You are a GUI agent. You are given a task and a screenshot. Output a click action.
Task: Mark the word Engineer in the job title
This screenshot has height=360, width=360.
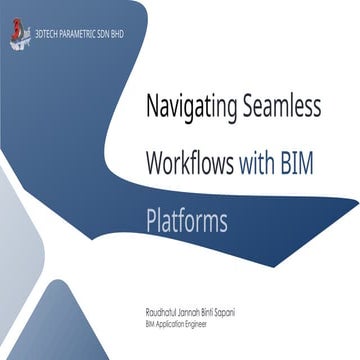(207, 324)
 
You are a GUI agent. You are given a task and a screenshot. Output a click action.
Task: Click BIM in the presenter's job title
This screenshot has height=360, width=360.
(151, 324)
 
